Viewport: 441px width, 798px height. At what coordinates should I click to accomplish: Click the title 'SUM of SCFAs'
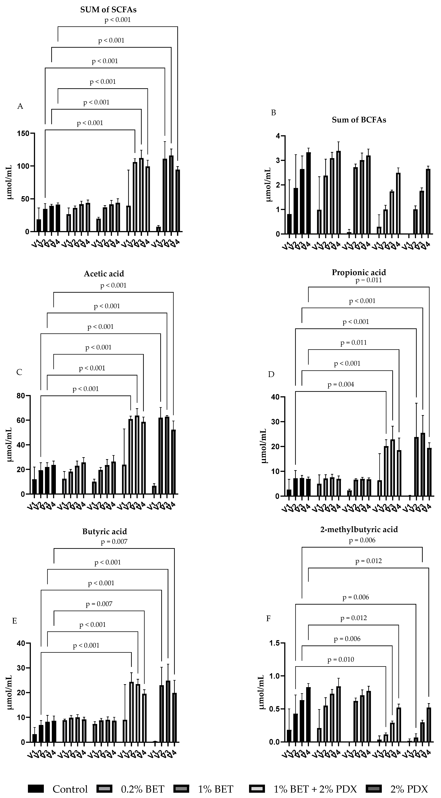pos(108,10)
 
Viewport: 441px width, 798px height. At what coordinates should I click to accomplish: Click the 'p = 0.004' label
pos(341,384)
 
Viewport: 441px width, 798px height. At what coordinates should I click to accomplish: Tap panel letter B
pos(273,113)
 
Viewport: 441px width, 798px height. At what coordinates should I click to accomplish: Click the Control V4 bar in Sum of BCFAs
pos(308,193)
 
